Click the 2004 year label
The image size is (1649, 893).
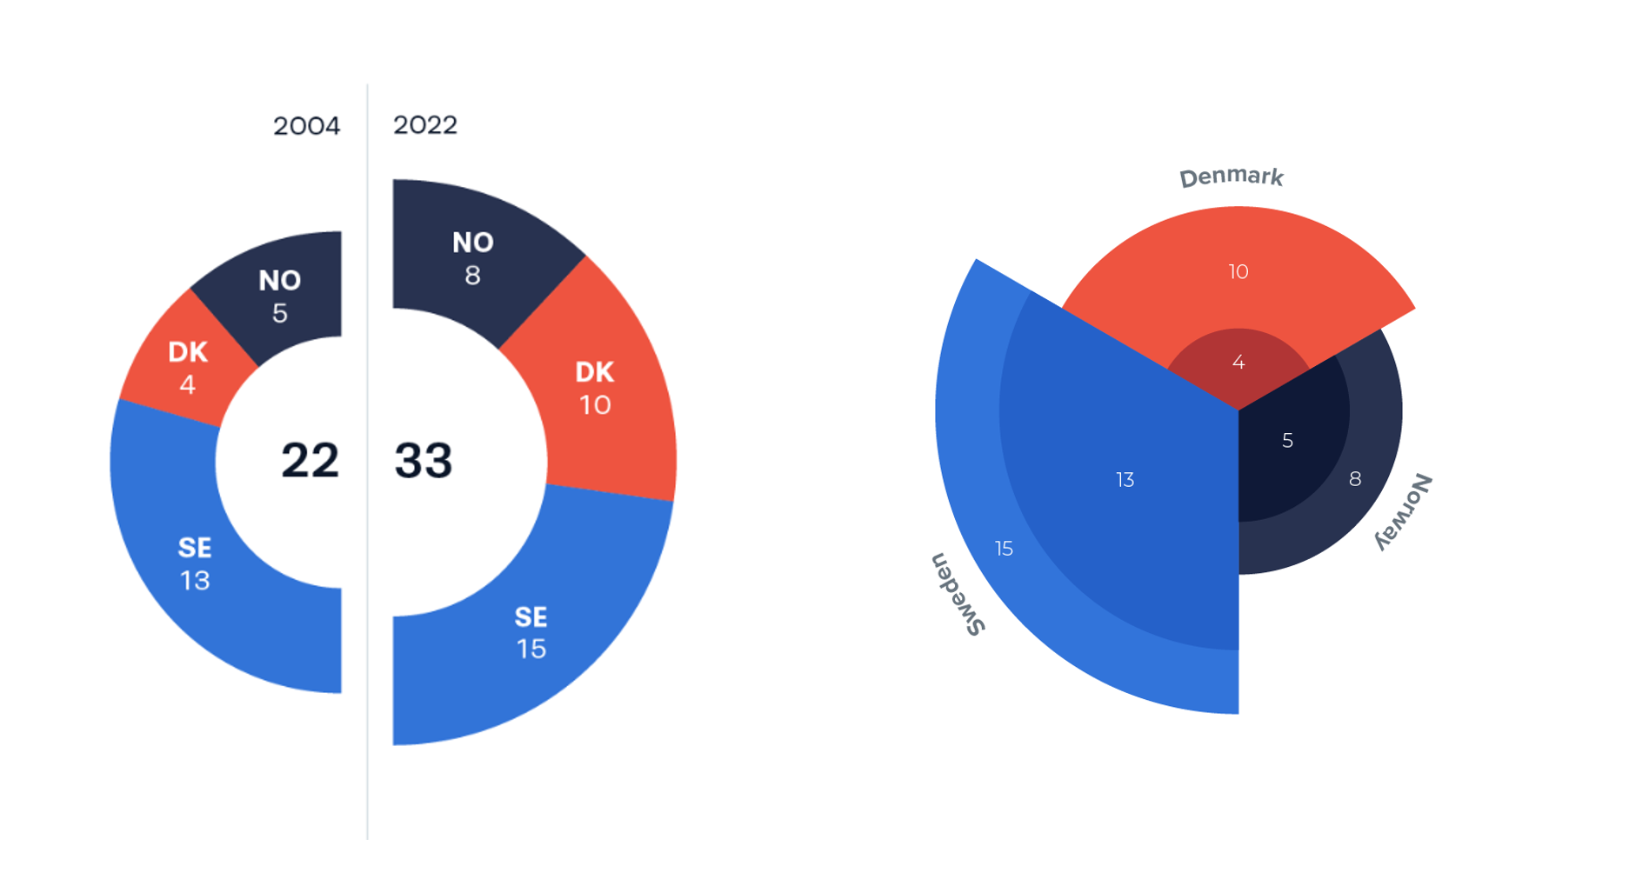point(306,126)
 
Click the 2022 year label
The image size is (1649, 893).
point(425,125)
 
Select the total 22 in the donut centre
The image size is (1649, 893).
point(310,460)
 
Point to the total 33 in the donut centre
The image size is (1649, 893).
point(424,460)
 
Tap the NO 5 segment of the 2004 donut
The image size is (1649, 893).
point(279,296)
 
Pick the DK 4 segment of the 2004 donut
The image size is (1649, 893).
point(187,367)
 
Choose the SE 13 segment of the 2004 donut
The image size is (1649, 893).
point(194,563)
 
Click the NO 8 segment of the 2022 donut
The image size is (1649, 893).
point(472,258)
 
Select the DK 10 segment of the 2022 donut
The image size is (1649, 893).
point(595,388)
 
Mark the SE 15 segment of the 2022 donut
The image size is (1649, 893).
point(531,633)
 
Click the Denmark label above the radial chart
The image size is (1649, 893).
point(1231,177)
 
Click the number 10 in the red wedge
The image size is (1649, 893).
point(1238,272)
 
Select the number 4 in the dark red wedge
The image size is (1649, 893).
point(1238,363)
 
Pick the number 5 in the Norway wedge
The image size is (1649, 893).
point(1287,441)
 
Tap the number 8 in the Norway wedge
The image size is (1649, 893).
point(1355,479)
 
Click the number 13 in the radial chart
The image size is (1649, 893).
point(1125,480)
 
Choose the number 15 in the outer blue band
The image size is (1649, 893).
point(1004,549)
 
